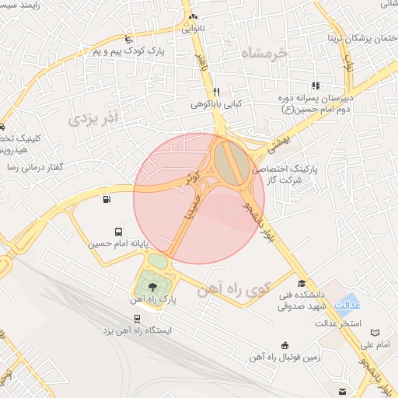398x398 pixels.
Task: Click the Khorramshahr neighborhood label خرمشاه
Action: [x=264, y=53]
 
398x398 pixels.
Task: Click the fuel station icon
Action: [x=105, y=199]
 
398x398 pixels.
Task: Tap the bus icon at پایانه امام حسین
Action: [x=118, y=232]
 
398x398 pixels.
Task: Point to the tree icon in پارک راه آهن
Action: [x=151, y=288]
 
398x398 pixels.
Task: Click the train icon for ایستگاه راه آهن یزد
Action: [x=138, y=318]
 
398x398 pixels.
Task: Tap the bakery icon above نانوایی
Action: [x=194, y=16]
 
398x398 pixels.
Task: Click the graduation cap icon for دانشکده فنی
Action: [x=302, y=284]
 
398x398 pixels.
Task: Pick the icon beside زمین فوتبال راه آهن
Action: [x=285, y=344]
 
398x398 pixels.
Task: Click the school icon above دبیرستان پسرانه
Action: [x=315, y=86]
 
